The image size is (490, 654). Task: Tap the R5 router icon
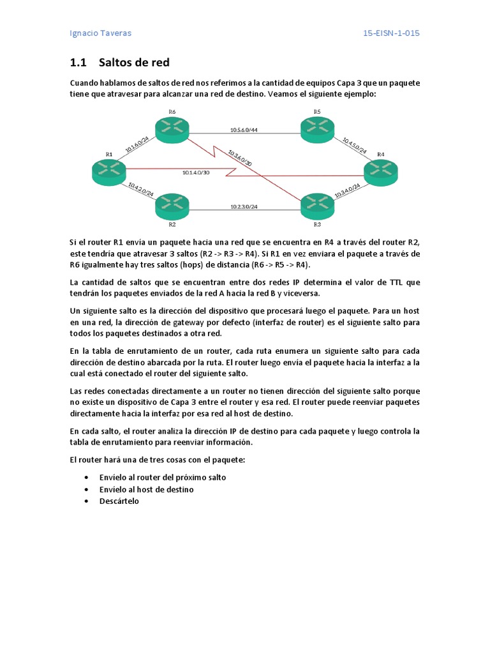click(x=317, y=128)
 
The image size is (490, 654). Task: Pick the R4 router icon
click(x=380, y=172)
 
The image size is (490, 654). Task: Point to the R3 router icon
click(x=317, y=204)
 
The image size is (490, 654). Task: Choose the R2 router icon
click(x=172, y=206)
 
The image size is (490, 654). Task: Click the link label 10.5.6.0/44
click(x=244, y=130)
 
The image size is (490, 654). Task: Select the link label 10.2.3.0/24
click(x=244, y=206)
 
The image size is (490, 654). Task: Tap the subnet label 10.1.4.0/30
click(x=195, y=172)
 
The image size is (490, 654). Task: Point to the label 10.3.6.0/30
click(x=239, y=158)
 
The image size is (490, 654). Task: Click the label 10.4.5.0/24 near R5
click(x=355, y=146)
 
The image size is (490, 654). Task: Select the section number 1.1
click(x=77, y=63)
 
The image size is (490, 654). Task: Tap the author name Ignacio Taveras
click(x=100, y=33)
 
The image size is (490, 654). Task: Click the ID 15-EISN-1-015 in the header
click(x=391, y=33)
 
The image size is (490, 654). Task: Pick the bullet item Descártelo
click(x=119, y=501)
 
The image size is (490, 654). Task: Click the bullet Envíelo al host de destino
click(x=147, y=489)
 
